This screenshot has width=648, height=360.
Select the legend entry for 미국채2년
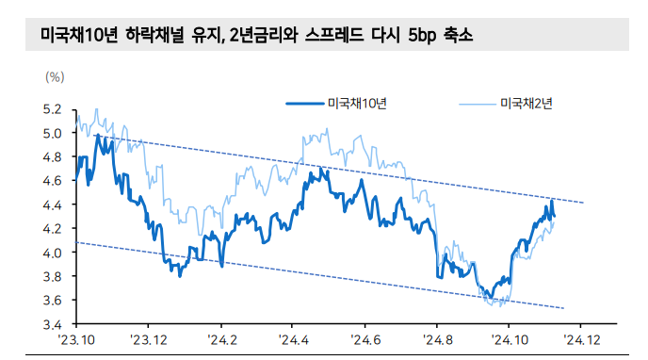[x=526, y=103]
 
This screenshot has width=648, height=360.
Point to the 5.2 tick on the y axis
[x=52, y=109]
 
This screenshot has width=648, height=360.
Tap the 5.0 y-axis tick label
[x=52, y=133]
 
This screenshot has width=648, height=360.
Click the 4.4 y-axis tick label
[x=52, y=205]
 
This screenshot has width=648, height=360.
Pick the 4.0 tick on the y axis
[x=52, y=253]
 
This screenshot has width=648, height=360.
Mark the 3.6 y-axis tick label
[x=52, y=300]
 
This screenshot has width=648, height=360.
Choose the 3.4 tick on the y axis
[x=52, y=323]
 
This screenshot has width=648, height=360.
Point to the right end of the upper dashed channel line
[x=584, y=203]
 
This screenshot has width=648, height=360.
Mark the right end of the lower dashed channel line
[x=563, y=308]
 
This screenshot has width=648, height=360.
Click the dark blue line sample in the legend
[x=304, y=103]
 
